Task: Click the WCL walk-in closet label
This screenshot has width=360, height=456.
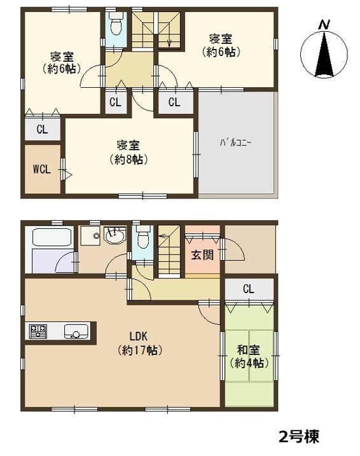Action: [x=42, y=169]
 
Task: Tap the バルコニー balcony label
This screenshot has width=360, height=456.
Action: [x=236, y=143]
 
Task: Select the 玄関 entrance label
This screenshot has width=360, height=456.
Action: [x=202, y=255]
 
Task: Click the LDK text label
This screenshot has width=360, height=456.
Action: [x=139, y=336]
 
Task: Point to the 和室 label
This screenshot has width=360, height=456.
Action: [x=248, y=350]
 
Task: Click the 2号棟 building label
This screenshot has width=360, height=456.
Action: [x=299, y=436]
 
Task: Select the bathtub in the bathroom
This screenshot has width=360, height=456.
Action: [x=52, y=237]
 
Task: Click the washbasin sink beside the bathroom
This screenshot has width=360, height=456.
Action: [x=115, y=235]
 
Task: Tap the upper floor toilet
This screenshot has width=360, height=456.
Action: [x=116, y=24]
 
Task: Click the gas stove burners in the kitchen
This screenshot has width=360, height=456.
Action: [x=38, y=331]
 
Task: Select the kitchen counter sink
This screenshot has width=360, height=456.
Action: [x=76, y=331]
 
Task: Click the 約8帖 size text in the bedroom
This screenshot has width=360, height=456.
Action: [x=128, y=160]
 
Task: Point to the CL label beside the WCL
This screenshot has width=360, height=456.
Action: [x=42, y=129]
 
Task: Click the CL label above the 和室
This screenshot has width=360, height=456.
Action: [x=249, y=289]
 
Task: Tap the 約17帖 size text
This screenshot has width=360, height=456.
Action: [x=139, y=350]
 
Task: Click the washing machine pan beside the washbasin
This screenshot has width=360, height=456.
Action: [x=90, y=235]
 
